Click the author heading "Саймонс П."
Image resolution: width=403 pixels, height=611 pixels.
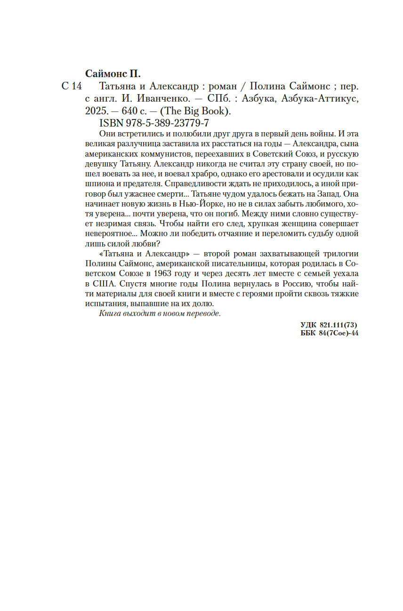pos(113,74)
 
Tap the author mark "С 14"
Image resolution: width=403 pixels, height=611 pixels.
pos(72,87)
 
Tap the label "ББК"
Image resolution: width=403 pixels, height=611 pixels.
pos(308,333)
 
